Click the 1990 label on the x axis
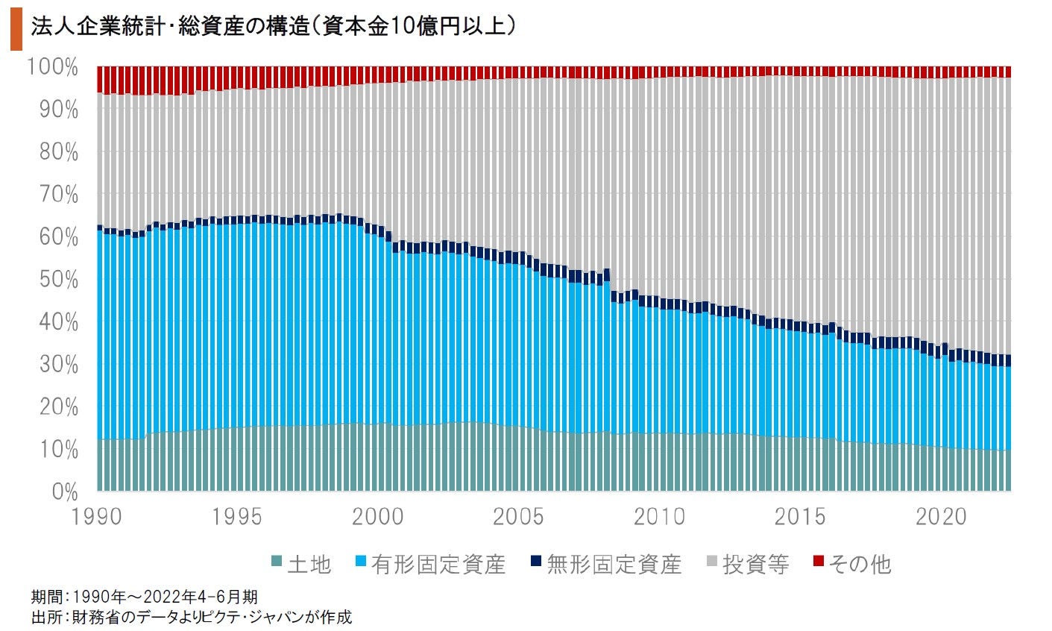tap(98, 516)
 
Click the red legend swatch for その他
tap(817, 561)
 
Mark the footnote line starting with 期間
tap(145, 597)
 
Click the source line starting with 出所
tap(191, 617)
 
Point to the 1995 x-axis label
tap(238, 516)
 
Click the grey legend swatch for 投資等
tap(712, 561)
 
